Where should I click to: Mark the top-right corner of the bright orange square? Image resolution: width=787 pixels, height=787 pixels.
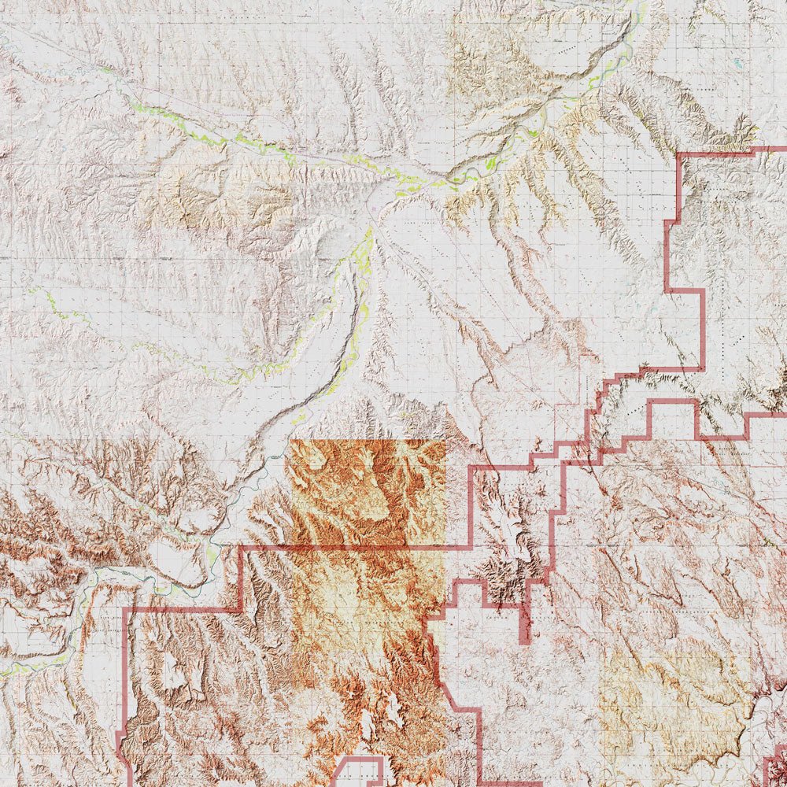click(445, 442)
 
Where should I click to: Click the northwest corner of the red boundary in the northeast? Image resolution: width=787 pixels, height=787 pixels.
click(679, 156)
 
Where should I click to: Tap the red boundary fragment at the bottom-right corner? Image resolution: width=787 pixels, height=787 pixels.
click(775, 767)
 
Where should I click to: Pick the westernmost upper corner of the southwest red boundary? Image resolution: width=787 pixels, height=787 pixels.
click(126, 610)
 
